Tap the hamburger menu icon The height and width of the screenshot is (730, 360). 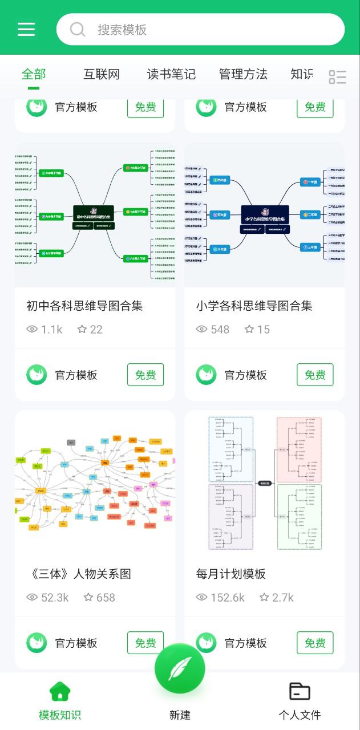(26, 29)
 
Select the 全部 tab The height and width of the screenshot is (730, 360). (34, 74)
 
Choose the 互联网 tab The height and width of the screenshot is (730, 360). (102, 74)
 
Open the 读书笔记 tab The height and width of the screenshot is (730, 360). (171, 74)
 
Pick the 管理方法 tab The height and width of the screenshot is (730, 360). (243, 74)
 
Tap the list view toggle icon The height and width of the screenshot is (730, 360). (338, 77)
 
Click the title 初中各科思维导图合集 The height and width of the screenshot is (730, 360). (84, 306)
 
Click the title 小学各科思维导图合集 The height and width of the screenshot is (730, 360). (254, 306)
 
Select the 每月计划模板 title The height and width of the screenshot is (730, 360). (230, 574)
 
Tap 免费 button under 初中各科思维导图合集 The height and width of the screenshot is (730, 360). (145, 375)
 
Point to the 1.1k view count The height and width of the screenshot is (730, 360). (51, 330)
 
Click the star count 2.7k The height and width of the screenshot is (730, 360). (283, 598)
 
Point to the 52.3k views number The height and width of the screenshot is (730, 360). (55, 598)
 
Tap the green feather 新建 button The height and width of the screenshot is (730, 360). (180, 668)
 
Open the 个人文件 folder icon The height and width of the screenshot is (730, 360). (300, 691)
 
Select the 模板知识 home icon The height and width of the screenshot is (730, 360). (60, 691)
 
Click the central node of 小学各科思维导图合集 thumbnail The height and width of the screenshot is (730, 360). (265, 216)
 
